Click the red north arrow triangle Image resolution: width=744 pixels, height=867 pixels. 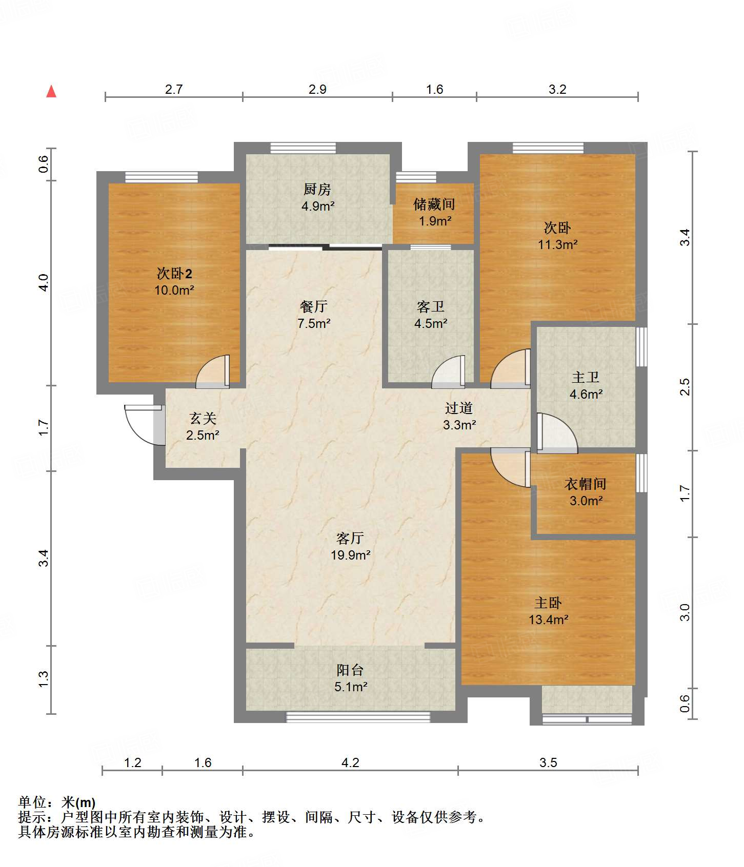click(51, 91)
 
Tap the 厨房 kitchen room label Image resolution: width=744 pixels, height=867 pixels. click(317, 190)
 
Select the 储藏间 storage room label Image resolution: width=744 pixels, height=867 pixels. click(434, 204)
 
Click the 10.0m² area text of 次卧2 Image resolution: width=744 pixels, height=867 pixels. click(174, 290)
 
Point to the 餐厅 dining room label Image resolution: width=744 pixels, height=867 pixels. click(314, 306)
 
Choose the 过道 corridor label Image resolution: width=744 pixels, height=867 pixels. click(459, 408)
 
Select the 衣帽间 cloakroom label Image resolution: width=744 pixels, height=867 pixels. click(586, 484)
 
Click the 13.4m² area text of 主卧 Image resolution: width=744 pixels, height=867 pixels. click(549, 620)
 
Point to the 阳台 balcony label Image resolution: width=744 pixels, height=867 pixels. click(350, 670)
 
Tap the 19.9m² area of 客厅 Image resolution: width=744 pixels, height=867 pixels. click(351, 555)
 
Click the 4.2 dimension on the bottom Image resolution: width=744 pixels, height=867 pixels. click(350, 762)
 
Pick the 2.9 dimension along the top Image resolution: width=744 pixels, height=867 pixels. click(317, 89)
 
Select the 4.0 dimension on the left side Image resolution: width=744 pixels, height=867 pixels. click(44, 283)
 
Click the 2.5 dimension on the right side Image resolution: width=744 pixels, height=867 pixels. click(685, 387)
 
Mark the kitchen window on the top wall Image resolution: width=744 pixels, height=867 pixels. click(303, 148)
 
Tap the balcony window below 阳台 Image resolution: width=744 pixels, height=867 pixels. click(358, 717)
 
